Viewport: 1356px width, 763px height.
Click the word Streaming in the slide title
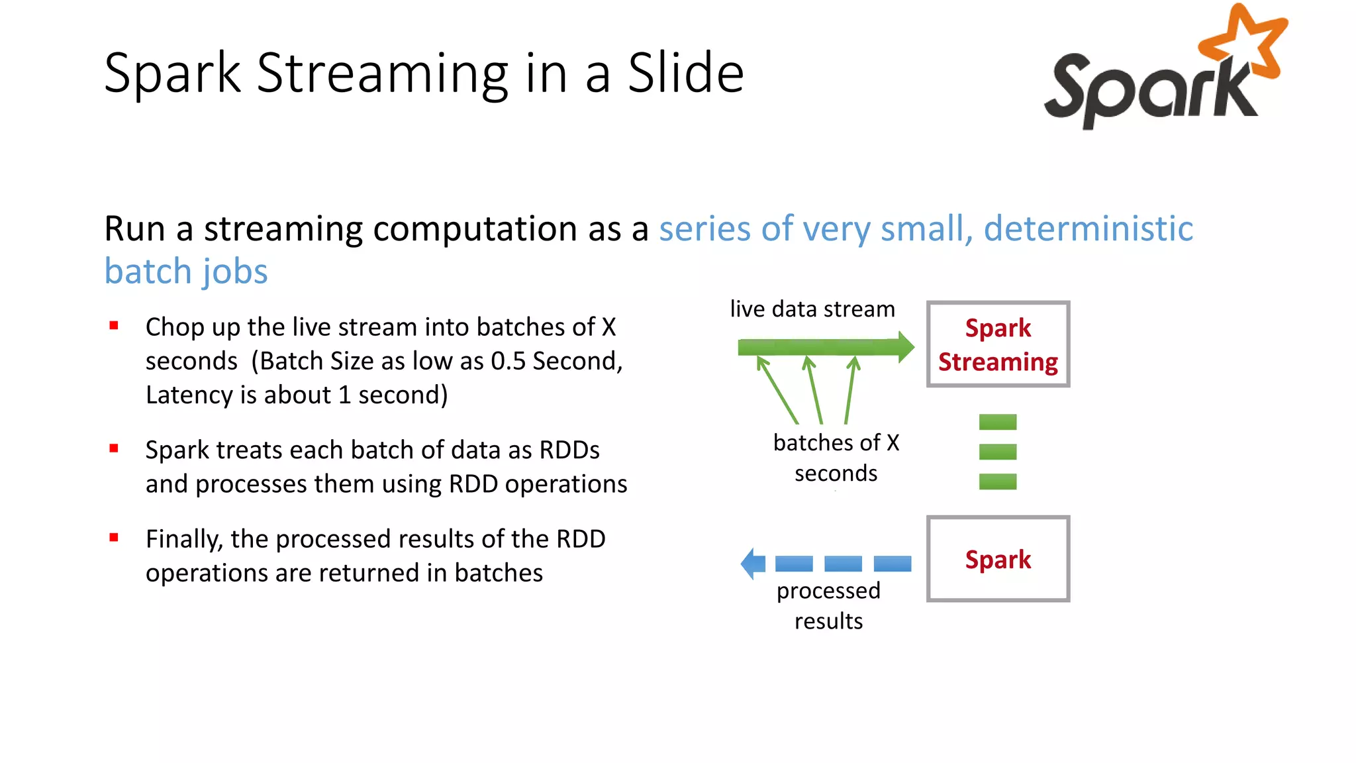(383, 74)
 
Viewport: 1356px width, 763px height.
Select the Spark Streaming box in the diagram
(998, 344)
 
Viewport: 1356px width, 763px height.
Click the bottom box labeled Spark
(998, 559)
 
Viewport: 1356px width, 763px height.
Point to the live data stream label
(812, 309)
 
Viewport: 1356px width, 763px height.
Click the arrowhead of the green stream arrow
(905, 347)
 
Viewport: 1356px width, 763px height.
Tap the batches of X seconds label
(836, 458)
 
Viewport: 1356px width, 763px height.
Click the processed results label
(828, 605)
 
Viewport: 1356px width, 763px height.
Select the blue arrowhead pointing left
(753, 564)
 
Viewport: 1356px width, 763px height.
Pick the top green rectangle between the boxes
(997, 422)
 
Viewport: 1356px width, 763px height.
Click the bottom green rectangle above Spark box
(997, 482)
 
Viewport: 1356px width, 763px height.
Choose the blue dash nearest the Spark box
(892, 564)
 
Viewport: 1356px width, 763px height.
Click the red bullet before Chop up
(114, 326)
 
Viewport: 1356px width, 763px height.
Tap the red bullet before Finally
(114, 538)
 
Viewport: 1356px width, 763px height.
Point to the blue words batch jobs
(186, 272)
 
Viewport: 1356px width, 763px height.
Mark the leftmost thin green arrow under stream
(777, 391)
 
